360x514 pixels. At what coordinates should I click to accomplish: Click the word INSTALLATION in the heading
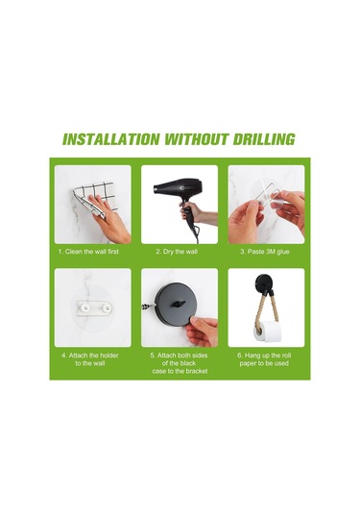pyautogui.click(x=111, y=139)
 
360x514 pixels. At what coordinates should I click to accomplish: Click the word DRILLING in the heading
pyautogui.click(x=264, y=139)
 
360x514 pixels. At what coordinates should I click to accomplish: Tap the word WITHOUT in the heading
pyautogui.click(x=196, y=139)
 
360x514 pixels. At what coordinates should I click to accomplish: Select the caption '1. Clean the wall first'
pyautogui.click(x=88, y=252)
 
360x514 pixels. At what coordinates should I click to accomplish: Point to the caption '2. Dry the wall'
pyautogui.click(x=177, y=252)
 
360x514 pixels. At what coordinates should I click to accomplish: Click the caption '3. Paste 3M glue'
pyautogui.click(x=265, y=252)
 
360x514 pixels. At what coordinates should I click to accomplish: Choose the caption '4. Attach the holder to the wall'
pyautogui.click(x=90, y=359)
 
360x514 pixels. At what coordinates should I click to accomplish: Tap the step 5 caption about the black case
pyautogui.click(x=180, y=363)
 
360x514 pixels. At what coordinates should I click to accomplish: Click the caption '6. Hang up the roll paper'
pyautogui.click(x=264, y=359)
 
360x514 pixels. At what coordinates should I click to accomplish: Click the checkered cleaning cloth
pyautogui.click(x=93, y=199)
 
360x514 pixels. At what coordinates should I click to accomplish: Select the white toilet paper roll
pyautogui.click(x=268, y=331)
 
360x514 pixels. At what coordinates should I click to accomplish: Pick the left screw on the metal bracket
pyautogui.click(x=85, y=307)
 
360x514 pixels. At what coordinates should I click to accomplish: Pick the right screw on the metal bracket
pyautogui.click(x=107, y=307)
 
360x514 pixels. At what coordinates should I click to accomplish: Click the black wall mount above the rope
pyautogui.click(x=262, y=282)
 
